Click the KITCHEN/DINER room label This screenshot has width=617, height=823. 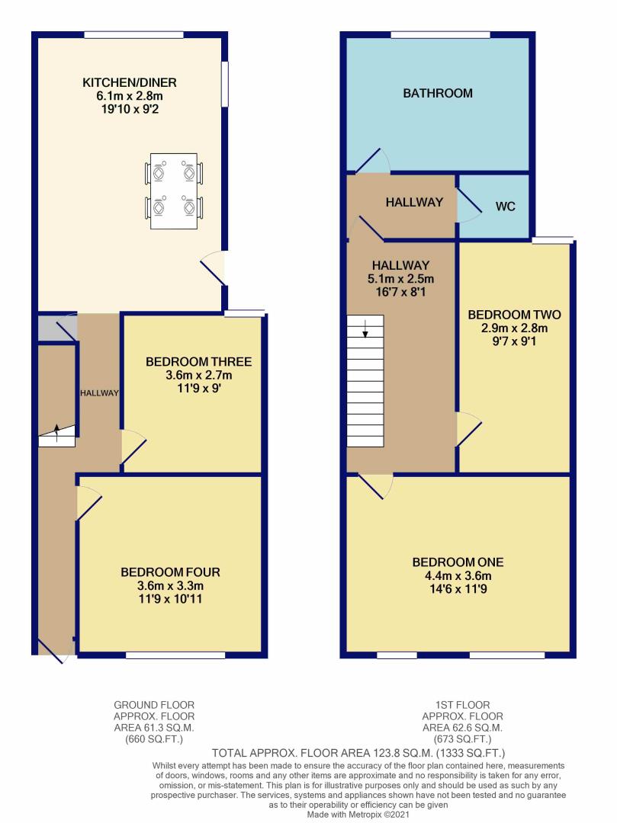pos(130,82)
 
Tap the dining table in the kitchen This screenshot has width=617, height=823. pos(174,191)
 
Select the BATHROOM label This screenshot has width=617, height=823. pos(438,94)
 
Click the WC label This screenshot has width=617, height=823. pos(505,207)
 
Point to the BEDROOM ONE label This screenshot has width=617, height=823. pos(458,562)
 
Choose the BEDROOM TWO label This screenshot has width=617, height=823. pos(515,315)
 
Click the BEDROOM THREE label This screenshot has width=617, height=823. pos(198,362)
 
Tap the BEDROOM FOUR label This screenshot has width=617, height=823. pos(170,572)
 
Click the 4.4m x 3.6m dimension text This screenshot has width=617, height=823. pos(458,576)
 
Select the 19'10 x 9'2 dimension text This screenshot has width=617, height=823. pos(130,109)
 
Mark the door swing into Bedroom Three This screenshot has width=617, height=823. pos(133,447)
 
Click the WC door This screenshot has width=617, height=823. pos(469,207)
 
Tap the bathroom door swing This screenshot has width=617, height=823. pos(372,161)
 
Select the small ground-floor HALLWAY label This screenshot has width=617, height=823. pos(99,392)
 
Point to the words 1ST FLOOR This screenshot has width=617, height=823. pos(463,705)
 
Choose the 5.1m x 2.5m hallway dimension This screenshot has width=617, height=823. pos(400,279)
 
